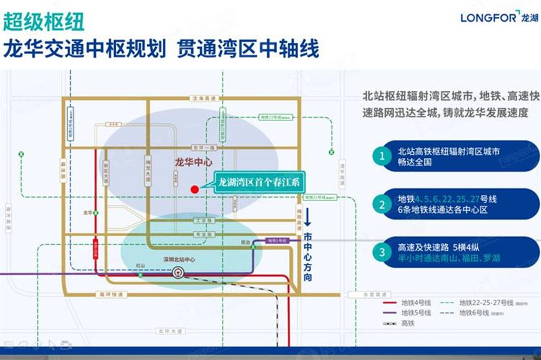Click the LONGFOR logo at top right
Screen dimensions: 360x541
(x=499, y=17)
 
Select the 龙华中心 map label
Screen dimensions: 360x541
(x=194, y=162)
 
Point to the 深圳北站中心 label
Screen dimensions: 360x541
(x=180, y=259)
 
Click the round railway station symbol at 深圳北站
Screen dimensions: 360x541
(x=177, y=273)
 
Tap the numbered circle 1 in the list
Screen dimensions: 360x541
(x=382, y=156)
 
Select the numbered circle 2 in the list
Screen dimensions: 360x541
(x=382, y=204)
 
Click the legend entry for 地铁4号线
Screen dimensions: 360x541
(x=407, y=302)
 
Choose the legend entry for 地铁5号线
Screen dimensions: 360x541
(x=407, y=312)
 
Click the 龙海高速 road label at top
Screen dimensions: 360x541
(x=204, y=98)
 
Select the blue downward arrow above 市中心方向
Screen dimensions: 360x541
(x=307, y=217)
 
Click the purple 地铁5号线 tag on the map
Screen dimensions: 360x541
(x=278, y=240)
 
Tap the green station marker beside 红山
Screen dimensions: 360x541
(x=140, y=274)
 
